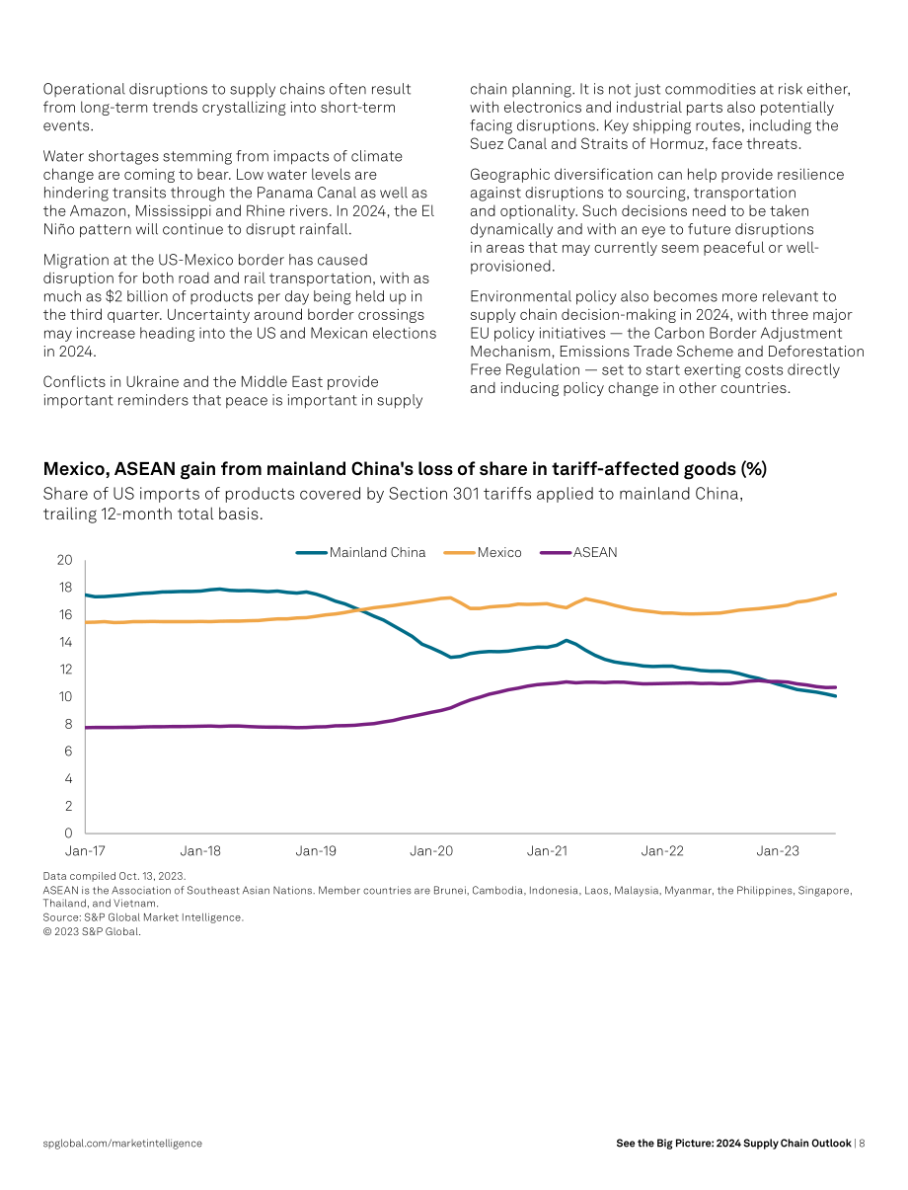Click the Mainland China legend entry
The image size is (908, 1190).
[360, 552]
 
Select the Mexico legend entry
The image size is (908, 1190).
[483, 552]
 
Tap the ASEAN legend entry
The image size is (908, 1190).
[578, 552]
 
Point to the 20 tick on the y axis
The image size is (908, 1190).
[64, 560]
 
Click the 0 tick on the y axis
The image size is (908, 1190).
[68, 833]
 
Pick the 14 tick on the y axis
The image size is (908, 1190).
[65, 642]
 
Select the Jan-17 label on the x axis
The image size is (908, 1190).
[85, 850]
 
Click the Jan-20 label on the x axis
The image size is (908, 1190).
[431, 850]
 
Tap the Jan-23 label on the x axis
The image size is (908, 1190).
[778, 850]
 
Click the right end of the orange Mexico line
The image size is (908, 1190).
[835, 595]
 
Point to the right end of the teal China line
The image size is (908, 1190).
[835, 696]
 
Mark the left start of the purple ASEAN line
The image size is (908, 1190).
[86, 727]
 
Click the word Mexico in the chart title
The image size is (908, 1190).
[76, 469]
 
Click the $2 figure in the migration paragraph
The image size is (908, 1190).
[113, 296]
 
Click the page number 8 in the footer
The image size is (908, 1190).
[862, 1144]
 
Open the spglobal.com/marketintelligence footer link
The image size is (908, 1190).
[122, 1144]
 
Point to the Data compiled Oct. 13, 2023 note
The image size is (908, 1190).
[114, 876]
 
